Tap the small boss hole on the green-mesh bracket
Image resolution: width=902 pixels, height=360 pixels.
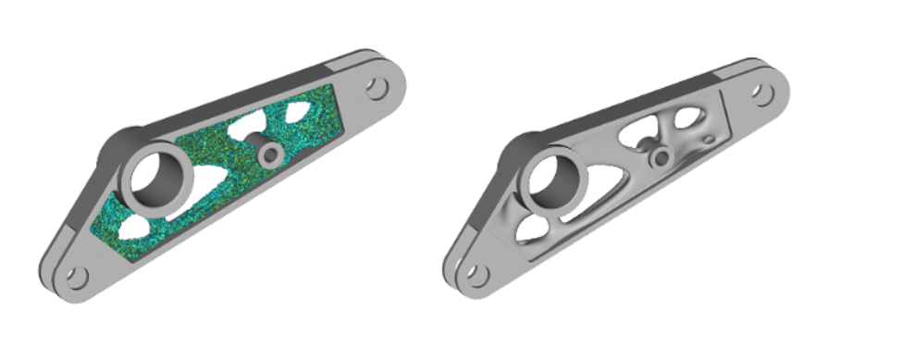[x=270, y=154]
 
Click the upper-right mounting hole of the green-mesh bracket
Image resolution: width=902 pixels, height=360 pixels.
[x=376, y=88]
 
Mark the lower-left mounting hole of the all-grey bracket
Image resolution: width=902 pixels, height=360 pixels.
[x=475, y=274]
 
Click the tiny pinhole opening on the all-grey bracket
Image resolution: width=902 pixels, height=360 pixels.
[x=709, y=141]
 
